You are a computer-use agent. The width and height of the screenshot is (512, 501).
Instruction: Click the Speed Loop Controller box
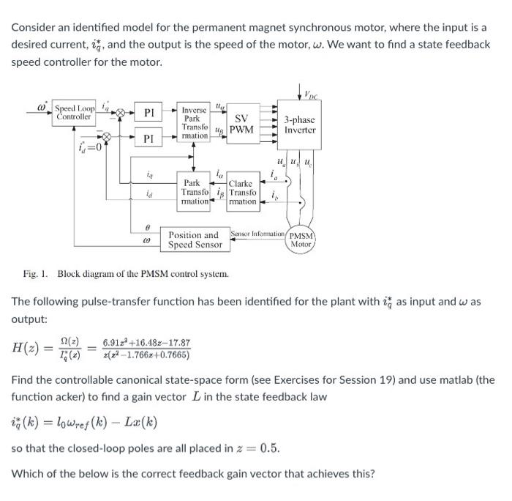click(x=74, y=112)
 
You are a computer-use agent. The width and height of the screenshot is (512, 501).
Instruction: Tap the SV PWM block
click(x=241, y=125)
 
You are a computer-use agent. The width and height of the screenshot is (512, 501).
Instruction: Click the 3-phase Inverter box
click(x=300, y=124)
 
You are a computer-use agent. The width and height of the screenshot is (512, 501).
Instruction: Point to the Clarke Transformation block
click(x=241, y=192)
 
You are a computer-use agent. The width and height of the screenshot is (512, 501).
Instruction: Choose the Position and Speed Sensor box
click(x=195, y=240)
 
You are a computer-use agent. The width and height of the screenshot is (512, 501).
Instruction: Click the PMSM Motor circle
click(x=301, y=240)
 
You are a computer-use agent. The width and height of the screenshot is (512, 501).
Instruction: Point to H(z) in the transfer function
click(x=27, y=349)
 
